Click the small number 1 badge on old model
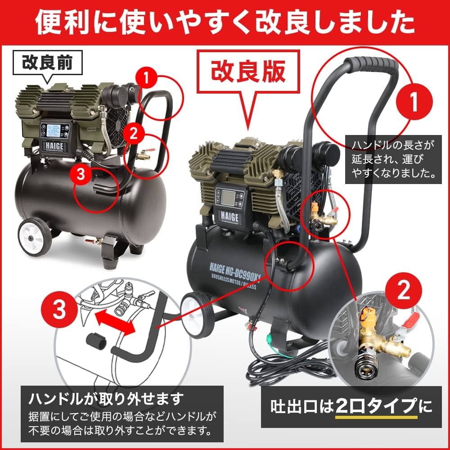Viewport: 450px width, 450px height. click(x=146, y=78)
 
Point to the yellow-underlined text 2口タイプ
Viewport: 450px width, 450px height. click(x=375, y=407)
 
